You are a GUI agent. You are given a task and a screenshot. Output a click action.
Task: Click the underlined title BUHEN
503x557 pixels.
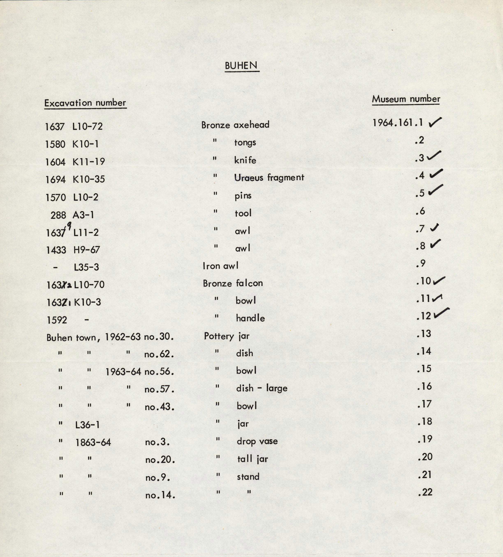[x=241, y=66]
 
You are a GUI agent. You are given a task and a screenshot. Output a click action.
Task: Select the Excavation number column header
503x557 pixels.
[x=85, y=103]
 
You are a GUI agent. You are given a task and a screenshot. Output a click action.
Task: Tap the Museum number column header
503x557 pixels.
[x=406, y=99]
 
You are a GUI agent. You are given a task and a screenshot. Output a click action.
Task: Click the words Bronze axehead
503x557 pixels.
[x=235, y=125]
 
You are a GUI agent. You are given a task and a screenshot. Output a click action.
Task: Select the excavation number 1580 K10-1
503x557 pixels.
[x=72, y=144]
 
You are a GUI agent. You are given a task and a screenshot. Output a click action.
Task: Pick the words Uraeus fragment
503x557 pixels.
[x=269, y=178]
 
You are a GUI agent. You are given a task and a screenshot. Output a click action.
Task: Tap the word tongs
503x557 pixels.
[x=245, y=142]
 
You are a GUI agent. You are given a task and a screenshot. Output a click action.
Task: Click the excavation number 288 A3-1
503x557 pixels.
[x=72, y=215]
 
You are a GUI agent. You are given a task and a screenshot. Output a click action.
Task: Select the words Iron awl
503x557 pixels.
[x=220, y=266]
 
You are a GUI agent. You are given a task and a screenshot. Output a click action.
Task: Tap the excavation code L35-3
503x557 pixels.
[x=87, y=267]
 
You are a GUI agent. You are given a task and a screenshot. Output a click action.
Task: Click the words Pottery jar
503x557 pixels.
[x=227, y=336]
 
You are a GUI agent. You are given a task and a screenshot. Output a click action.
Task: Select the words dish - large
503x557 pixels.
[x=262, y=388]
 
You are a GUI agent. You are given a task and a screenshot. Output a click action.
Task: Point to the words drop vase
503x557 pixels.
[x=257, y=441]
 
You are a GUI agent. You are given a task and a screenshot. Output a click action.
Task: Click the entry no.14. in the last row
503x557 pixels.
[x=160, y=495]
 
